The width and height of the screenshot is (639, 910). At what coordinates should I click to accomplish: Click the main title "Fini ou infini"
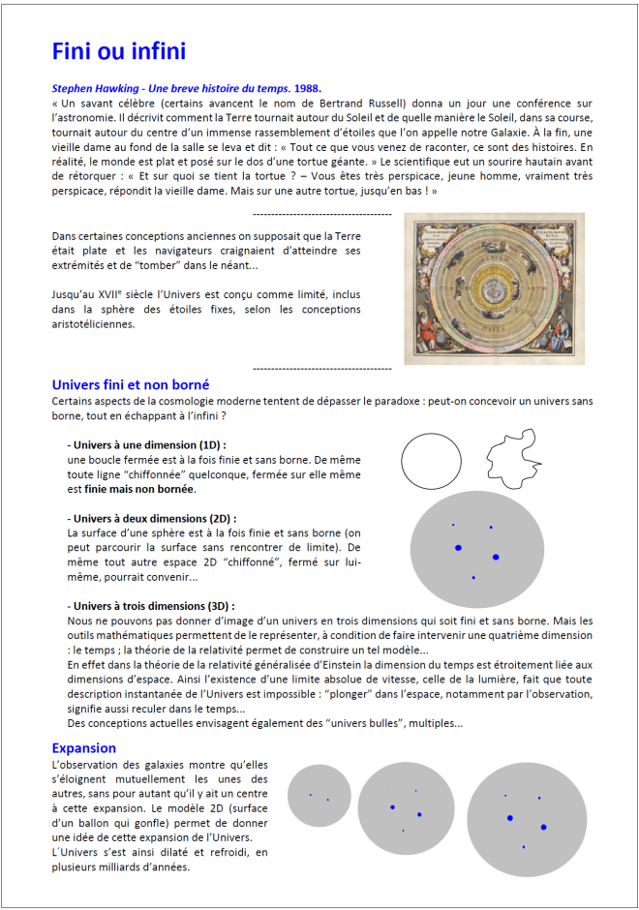point(118,51)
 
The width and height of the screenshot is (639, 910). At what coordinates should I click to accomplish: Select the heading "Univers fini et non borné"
point(131,384)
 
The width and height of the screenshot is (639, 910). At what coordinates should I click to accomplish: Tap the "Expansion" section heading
point(84,748)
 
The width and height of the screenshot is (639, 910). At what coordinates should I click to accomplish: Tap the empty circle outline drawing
point(431,461)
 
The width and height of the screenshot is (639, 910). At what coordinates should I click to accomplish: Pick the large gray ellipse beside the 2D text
point(475,547)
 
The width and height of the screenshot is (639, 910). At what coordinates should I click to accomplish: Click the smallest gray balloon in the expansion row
point(319,797)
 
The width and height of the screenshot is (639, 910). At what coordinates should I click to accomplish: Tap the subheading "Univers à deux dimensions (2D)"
point(152,518)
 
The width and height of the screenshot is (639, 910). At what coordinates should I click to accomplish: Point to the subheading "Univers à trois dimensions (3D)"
point(152,606)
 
